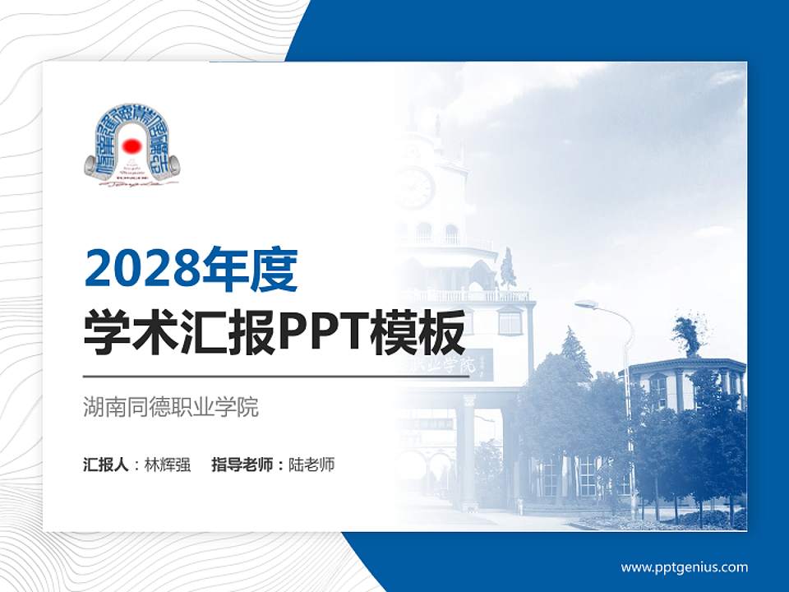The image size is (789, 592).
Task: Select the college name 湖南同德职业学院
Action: click(x=171, y=407)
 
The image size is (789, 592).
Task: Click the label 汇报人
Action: click(x=106, y=465)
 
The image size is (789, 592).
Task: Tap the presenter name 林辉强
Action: click(x=168, y=465)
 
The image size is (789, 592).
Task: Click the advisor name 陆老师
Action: click(x=311, y=465)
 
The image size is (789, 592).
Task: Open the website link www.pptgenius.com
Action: click(x=684, y=567)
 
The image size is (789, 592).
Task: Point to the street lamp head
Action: click(x=585, y=304)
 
